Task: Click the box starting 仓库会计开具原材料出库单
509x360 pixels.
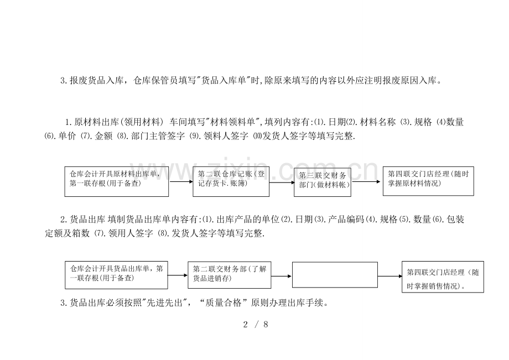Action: [117, 180]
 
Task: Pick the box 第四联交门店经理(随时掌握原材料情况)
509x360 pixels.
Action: [428, 180]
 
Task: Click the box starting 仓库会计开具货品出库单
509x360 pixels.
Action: [116, 275]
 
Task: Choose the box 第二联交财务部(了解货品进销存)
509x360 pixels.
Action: [230, 275]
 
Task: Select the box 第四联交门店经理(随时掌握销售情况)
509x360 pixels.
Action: [443, 278]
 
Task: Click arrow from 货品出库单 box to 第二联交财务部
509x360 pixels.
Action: [178, 275]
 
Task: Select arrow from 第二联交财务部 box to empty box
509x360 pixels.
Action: [282, 275]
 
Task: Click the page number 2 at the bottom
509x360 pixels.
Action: [245, 324]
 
